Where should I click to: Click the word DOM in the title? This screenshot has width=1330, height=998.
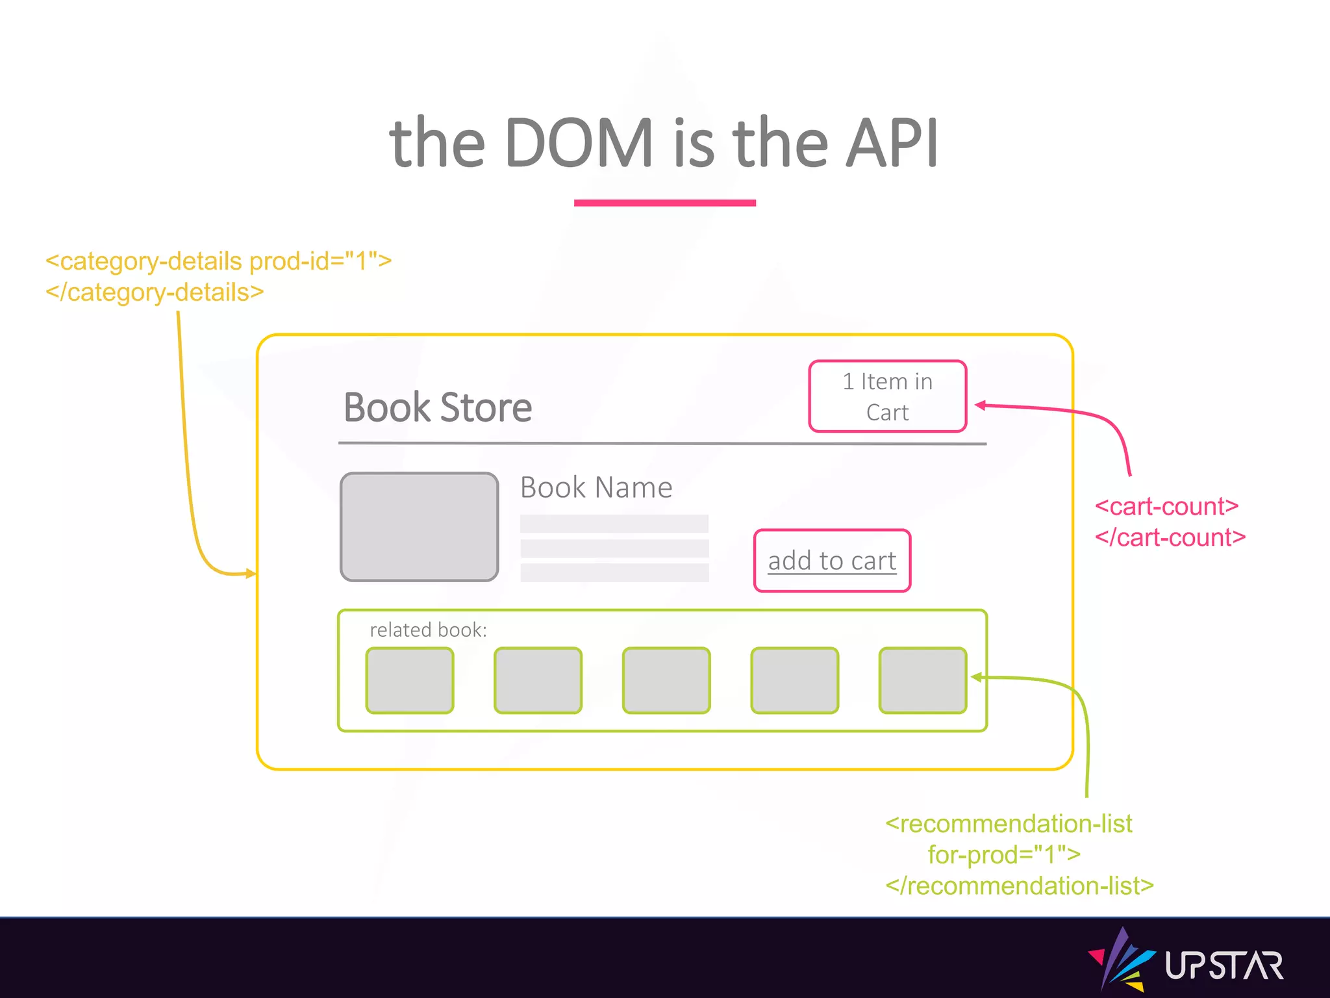(579, 143)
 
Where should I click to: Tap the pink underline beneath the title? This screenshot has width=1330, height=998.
(664, 203)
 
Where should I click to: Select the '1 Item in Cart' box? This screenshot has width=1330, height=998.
(887, 396)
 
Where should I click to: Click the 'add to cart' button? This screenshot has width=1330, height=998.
(832, 561)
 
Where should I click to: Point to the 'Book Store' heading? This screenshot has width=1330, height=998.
(438, 408)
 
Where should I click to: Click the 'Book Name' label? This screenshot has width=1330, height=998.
(596, 487)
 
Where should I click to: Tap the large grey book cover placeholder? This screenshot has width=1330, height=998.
(420, 527)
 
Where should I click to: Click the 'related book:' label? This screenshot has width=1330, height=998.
(428, 630)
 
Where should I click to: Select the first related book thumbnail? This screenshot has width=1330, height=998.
(410, 680)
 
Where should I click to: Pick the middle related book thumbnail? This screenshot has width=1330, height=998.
(666, 680)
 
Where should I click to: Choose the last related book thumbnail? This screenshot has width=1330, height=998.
(922, 680)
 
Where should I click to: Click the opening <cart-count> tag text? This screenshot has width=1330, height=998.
(1166, 506)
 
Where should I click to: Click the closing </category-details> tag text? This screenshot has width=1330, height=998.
(155, 292)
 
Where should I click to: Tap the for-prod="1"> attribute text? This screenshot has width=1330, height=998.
(1004, 854)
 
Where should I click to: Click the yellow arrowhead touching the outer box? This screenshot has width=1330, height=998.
(250, 573)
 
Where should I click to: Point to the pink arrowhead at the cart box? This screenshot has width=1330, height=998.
(981, 405)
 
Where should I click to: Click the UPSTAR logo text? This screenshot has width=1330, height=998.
(1223, 966)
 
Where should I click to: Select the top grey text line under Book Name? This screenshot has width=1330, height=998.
(614, 524)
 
